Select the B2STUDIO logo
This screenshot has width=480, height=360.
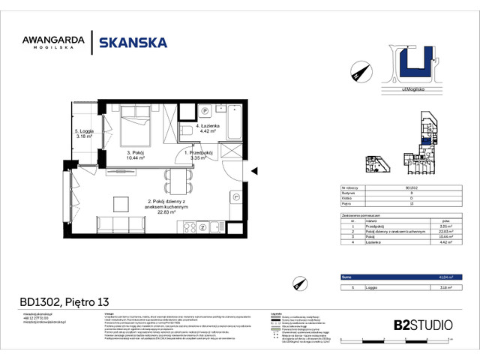coord(423,325)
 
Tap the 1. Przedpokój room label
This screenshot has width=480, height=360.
coord(199,155)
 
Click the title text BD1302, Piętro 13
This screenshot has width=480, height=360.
coord(63,303)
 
